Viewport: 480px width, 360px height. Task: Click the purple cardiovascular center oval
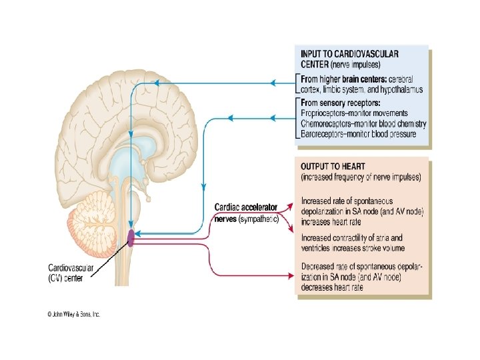click(x=131, y=237)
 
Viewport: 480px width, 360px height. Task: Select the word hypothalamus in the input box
click(x=399, y=89)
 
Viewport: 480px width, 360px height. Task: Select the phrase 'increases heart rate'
click(x=334, y=221)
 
